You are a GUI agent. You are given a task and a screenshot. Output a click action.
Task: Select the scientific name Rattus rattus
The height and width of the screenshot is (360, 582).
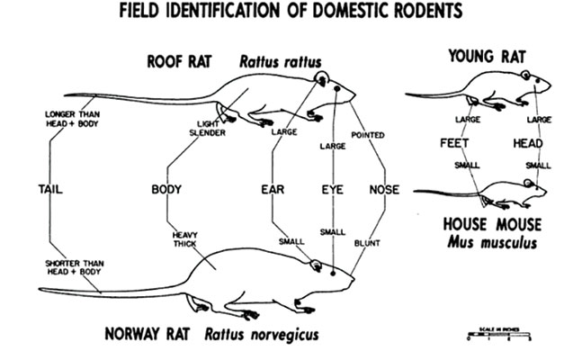278,62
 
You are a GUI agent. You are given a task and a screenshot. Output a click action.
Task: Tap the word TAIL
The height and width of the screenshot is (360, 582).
51,190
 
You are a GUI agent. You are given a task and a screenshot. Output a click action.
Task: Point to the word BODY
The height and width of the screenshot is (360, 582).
167,190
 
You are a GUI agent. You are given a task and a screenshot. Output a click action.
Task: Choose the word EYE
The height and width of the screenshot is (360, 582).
333,190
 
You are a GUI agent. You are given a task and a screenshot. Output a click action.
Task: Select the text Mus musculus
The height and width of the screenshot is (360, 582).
491,243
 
